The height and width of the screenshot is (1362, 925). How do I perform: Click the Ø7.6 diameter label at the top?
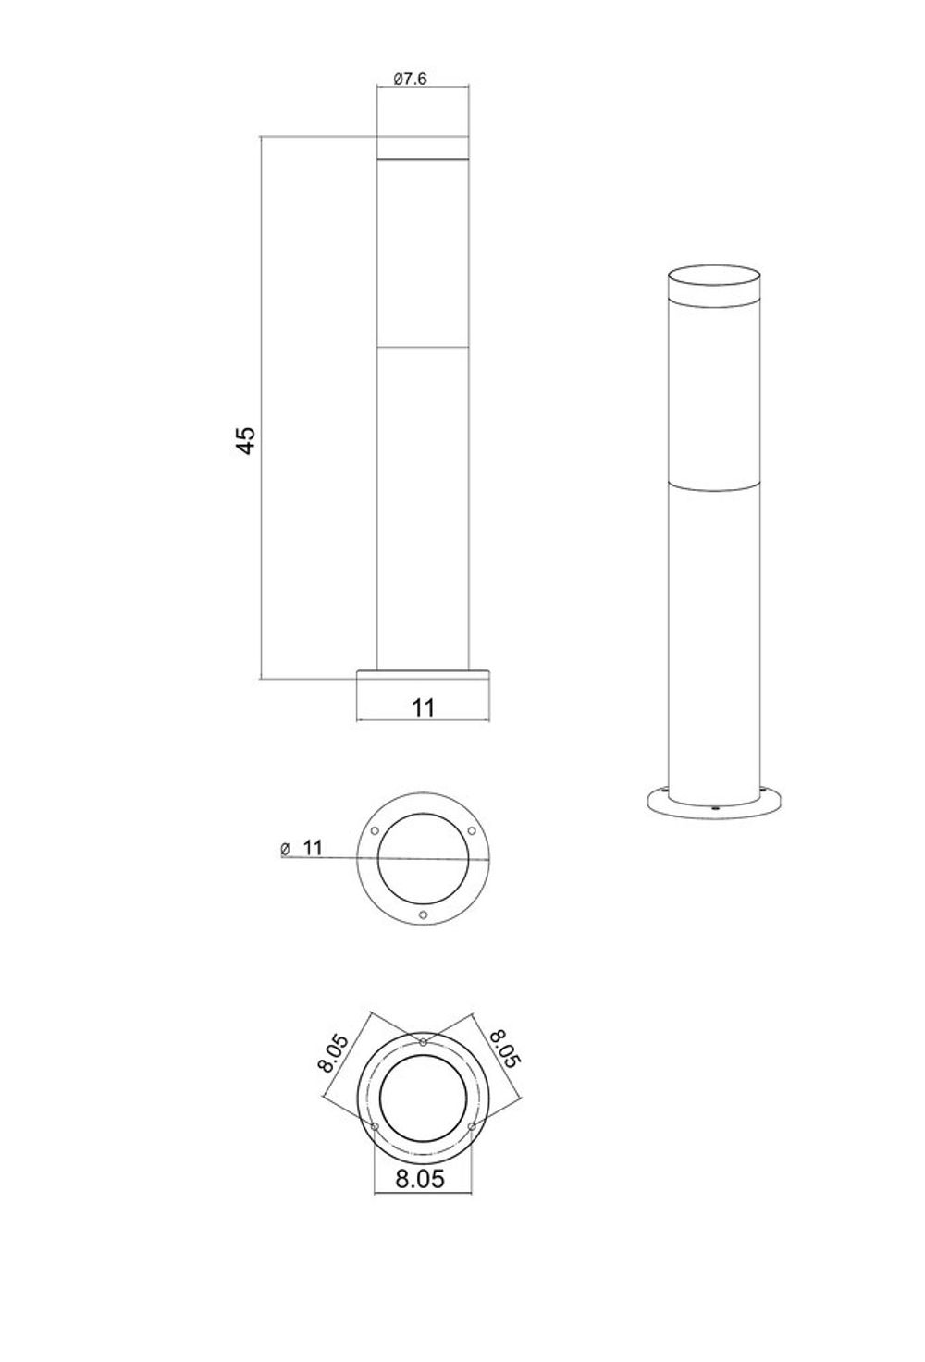point(410,80)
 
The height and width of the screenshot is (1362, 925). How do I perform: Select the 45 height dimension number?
point(244,439)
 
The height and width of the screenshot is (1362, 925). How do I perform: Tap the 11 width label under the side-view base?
point(423,707)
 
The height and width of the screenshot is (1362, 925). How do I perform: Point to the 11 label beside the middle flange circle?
point(312,847)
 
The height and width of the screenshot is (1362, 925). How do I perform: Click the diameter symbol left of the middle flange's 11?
point(285,848)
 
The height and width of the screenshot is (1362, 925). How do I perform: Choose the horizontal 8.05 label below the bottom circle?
point(420,1179)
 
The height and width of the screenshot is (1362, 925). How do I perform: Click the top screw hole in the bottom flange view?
point(424,1043)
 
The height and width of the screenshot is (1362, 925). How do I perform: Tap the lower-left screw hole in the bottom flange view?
point(375,1127)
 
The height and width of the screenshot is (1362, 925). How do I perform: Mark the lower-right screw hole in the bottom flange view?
point(472,1127)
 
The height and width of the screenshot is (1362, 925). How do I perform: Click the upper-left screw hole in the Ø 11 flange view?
point(375,830)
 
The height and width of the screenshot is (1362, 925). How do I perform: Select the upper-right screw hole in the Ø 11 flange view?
point(472,830)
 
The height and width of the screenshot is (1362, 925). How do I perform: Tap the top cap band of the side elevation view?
point(424,149)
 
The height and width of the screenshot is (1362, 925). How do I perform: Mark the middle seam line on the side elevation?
point(424,348)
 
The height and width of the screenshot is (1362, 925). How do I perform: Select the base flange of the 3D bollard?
point(715,804)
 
